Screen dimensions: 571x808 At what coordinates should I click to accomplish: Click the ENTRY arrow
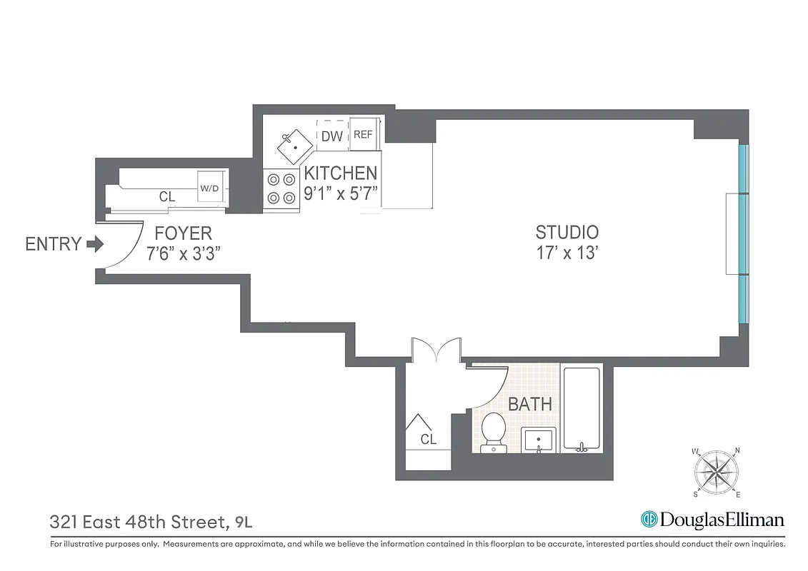coord(94,245)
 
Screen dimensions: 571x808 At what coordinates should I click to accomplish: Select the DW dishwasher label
coord(331,136)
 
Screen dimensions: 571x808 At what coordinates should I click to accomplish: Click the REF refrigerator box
coord(363,135)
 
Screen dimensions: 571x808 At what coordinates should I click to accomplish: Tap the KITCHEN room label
coord(341,173)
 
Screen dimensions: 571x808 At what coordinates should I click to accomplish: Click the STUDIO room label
coord(567,232)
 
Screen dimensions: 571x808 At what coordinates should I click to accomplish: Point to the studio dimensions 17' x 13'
coord(567,253)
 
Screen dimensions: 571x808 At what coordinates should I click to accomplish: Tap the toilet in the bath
coord(493,432)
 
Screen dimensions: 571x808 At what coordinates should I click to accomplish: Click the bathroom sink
coord(538,440)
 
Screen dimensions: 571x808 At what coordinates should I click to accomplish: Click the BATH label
coord(529,404)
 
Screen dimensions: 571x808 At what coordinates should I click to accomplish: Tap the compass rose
coord(716,472)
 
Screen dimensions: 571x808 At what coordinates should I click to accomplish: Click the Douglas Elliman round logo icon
coord(649,520)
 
